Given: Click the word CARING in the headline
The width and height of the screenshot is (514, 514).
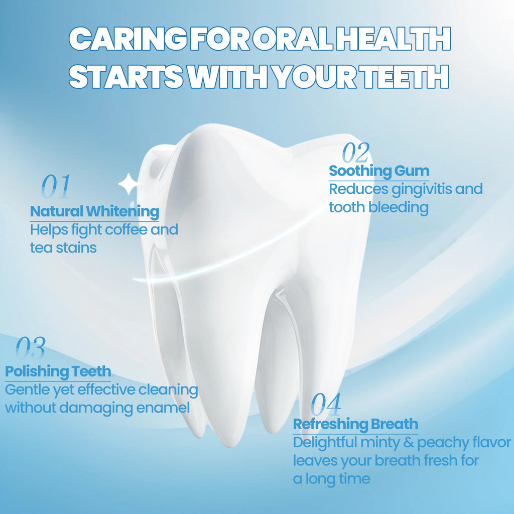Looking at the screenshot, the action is point(128,39).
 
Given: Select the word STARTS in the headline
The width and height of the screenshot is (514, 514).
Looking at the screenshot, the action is point(126,76).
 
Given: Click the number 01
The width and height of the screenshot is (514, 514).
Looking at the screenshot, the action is point(56,186).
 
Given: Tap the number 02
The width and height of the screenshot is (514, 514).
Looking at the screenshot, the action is point(356,153).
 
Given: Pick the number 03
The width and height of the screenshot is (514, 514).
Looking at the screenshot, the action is point(31,347).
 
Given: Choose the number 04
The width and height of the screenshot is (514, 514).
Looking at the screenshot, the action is point(326,404).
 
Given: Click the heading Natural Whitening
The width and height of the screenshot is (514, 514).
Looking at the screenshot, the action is point(95,211).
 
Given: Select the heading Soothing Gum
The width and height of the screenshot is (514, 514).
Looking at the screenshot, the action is point(379,171).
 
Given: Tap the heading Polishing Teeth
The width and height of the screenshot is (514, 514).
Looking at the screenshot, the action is point(58,371).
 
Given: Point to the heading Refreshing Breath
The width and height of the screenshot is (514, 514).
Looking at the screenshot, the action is point(356,424).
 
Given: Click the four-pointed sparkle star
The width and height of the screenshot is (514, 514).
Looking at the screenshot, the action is point(129,184).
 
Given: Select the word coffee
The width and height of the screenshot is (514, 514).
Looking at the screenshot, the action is point(126,229).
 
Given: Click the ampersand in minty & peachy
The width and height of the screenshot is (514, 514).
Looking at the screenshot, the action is point(409,443).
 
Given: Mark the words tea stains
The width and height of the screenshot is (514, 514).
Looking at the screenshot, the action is point(63,248).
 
